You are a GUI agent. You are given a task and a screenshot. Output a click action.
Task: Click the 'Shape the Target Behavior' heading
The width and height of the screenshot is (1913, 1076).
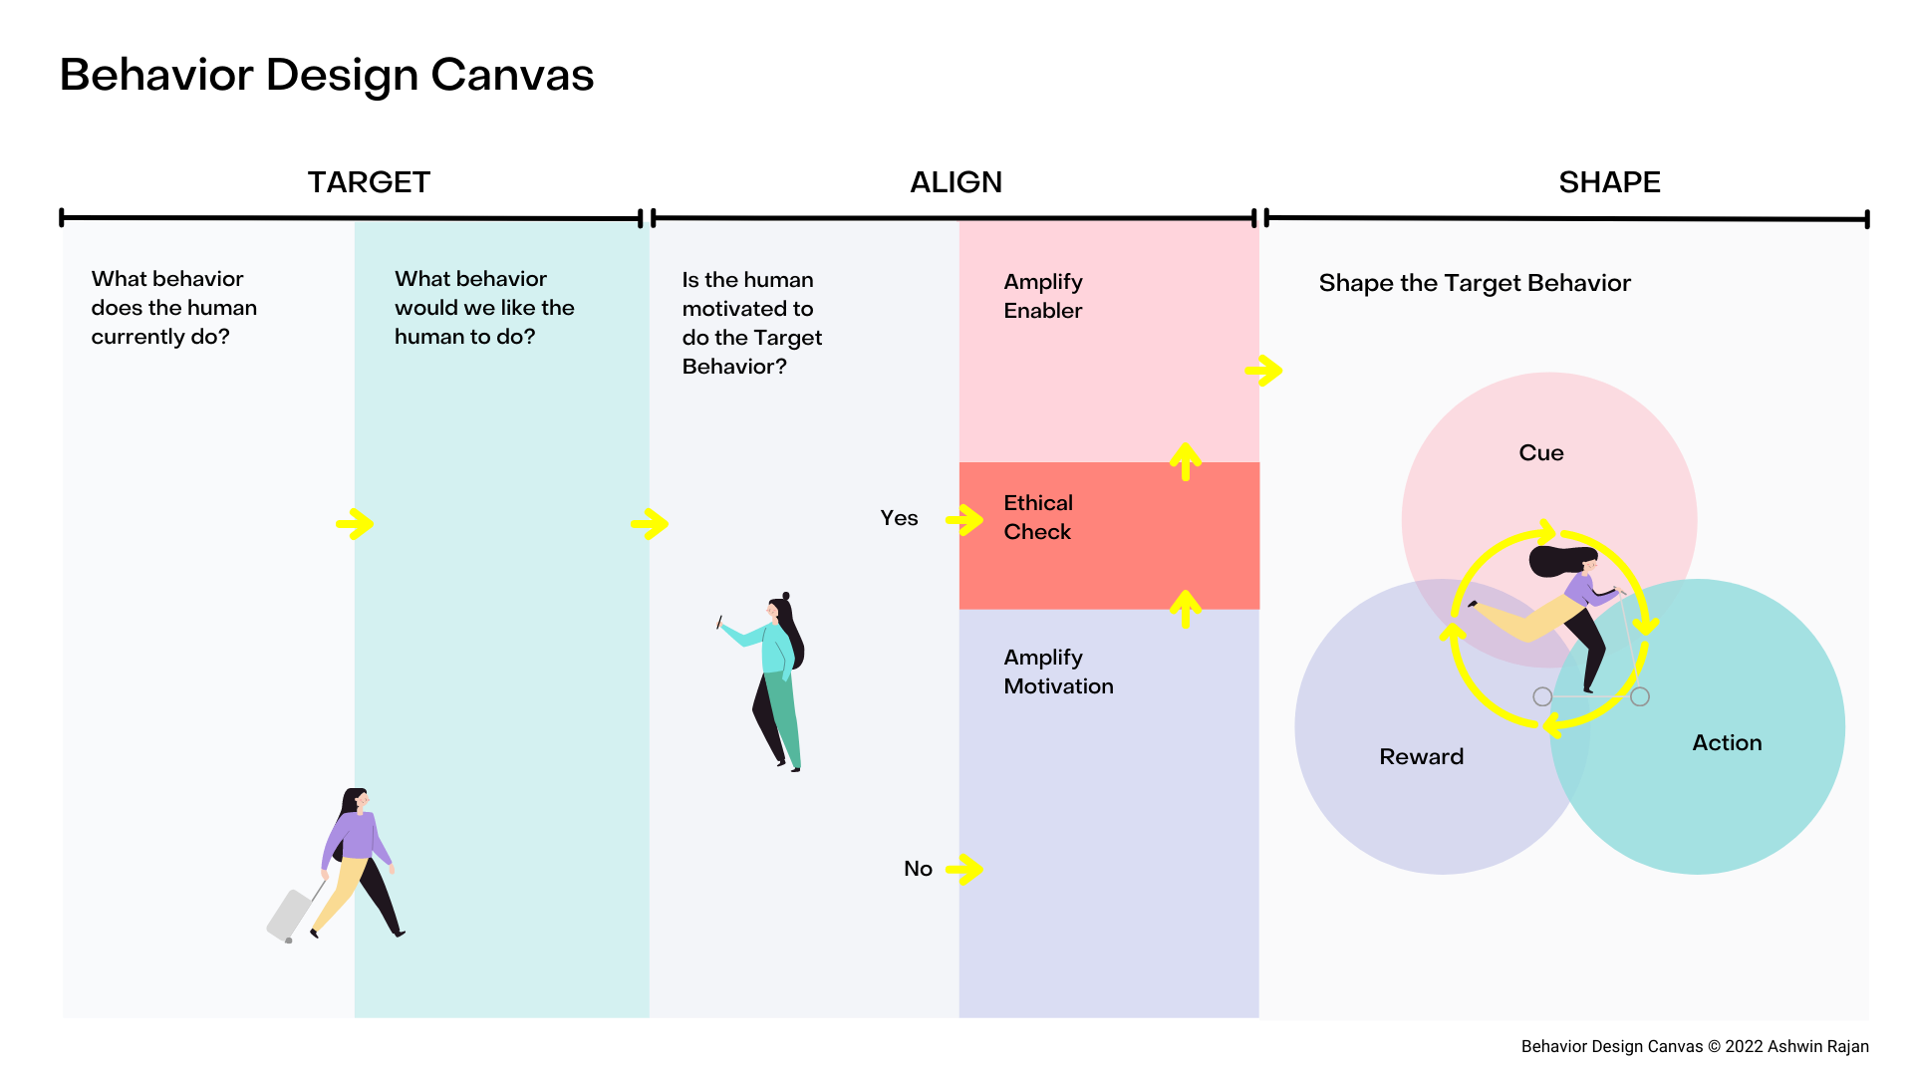point(1475,284)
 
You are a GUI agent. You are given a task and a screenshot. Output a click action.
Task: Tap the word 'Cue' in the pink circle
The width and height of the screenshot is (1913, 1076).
point(1540,453)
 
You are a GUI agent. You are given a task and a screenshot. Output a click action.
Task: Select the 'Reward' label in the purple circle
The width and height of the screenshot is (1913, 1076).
point(1421,757)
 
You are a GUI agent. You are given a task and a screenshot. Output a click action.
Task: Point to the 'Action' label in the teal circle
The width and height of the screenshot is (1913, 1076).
point(1727,743)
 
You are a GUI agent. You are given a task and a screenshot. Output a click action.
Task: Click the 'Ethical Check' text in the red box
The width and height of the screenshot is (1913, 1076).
point(1038,517)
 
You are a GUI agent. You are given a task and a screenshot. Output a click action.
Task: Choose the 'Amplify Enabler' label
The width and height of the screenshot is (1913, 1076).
point(1043,296)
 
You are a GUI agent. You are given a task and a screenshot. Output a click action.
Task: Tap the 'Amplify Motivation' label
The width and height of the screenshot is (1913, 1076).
point(1058,672)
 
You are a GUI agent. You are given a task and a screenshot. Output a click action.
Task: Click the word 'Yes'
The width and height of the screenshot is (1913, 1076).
point(899,518)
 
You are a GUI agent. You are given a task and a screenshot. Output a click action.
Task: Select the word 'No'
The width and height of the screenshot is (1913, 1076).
point(918,869)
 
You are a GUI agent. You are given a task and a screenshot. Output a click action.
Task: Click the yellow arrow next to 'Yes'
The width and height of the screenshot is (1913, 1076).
point(964,519)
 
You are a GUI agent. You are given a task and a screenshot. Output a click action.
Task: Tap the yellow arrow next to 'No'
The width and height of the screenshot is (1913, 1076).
point(964,869)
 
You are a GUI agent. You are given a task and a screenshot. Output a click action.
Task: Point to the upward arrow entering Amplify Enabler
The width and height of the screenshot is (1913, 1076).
point(1185,461)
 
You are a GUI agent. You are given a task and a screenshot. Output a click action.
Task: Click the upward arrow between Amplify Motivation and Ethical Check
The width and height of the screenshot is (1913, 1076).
point(1185,609)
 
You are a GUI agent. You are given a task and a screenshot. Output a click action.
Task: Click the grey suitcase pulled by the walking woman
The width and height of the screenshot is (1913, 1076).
point(289,915)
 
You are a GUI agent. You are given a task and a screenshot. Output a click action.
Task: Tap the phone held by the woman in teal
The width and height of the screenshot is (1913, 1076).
point(718,623)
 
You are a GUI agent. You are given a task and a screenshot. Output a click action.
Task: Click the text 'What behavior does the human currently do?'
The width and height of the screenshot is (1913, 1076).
point(173,308)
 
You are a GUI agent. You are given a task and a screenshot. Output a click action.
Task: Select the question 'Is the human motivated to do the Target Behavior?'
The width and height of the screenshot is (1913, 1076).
point(751,323)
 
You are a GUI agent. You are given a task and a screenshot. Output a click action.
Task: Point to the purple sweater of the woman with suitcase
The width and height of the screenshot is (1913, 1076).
point(355,836)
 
